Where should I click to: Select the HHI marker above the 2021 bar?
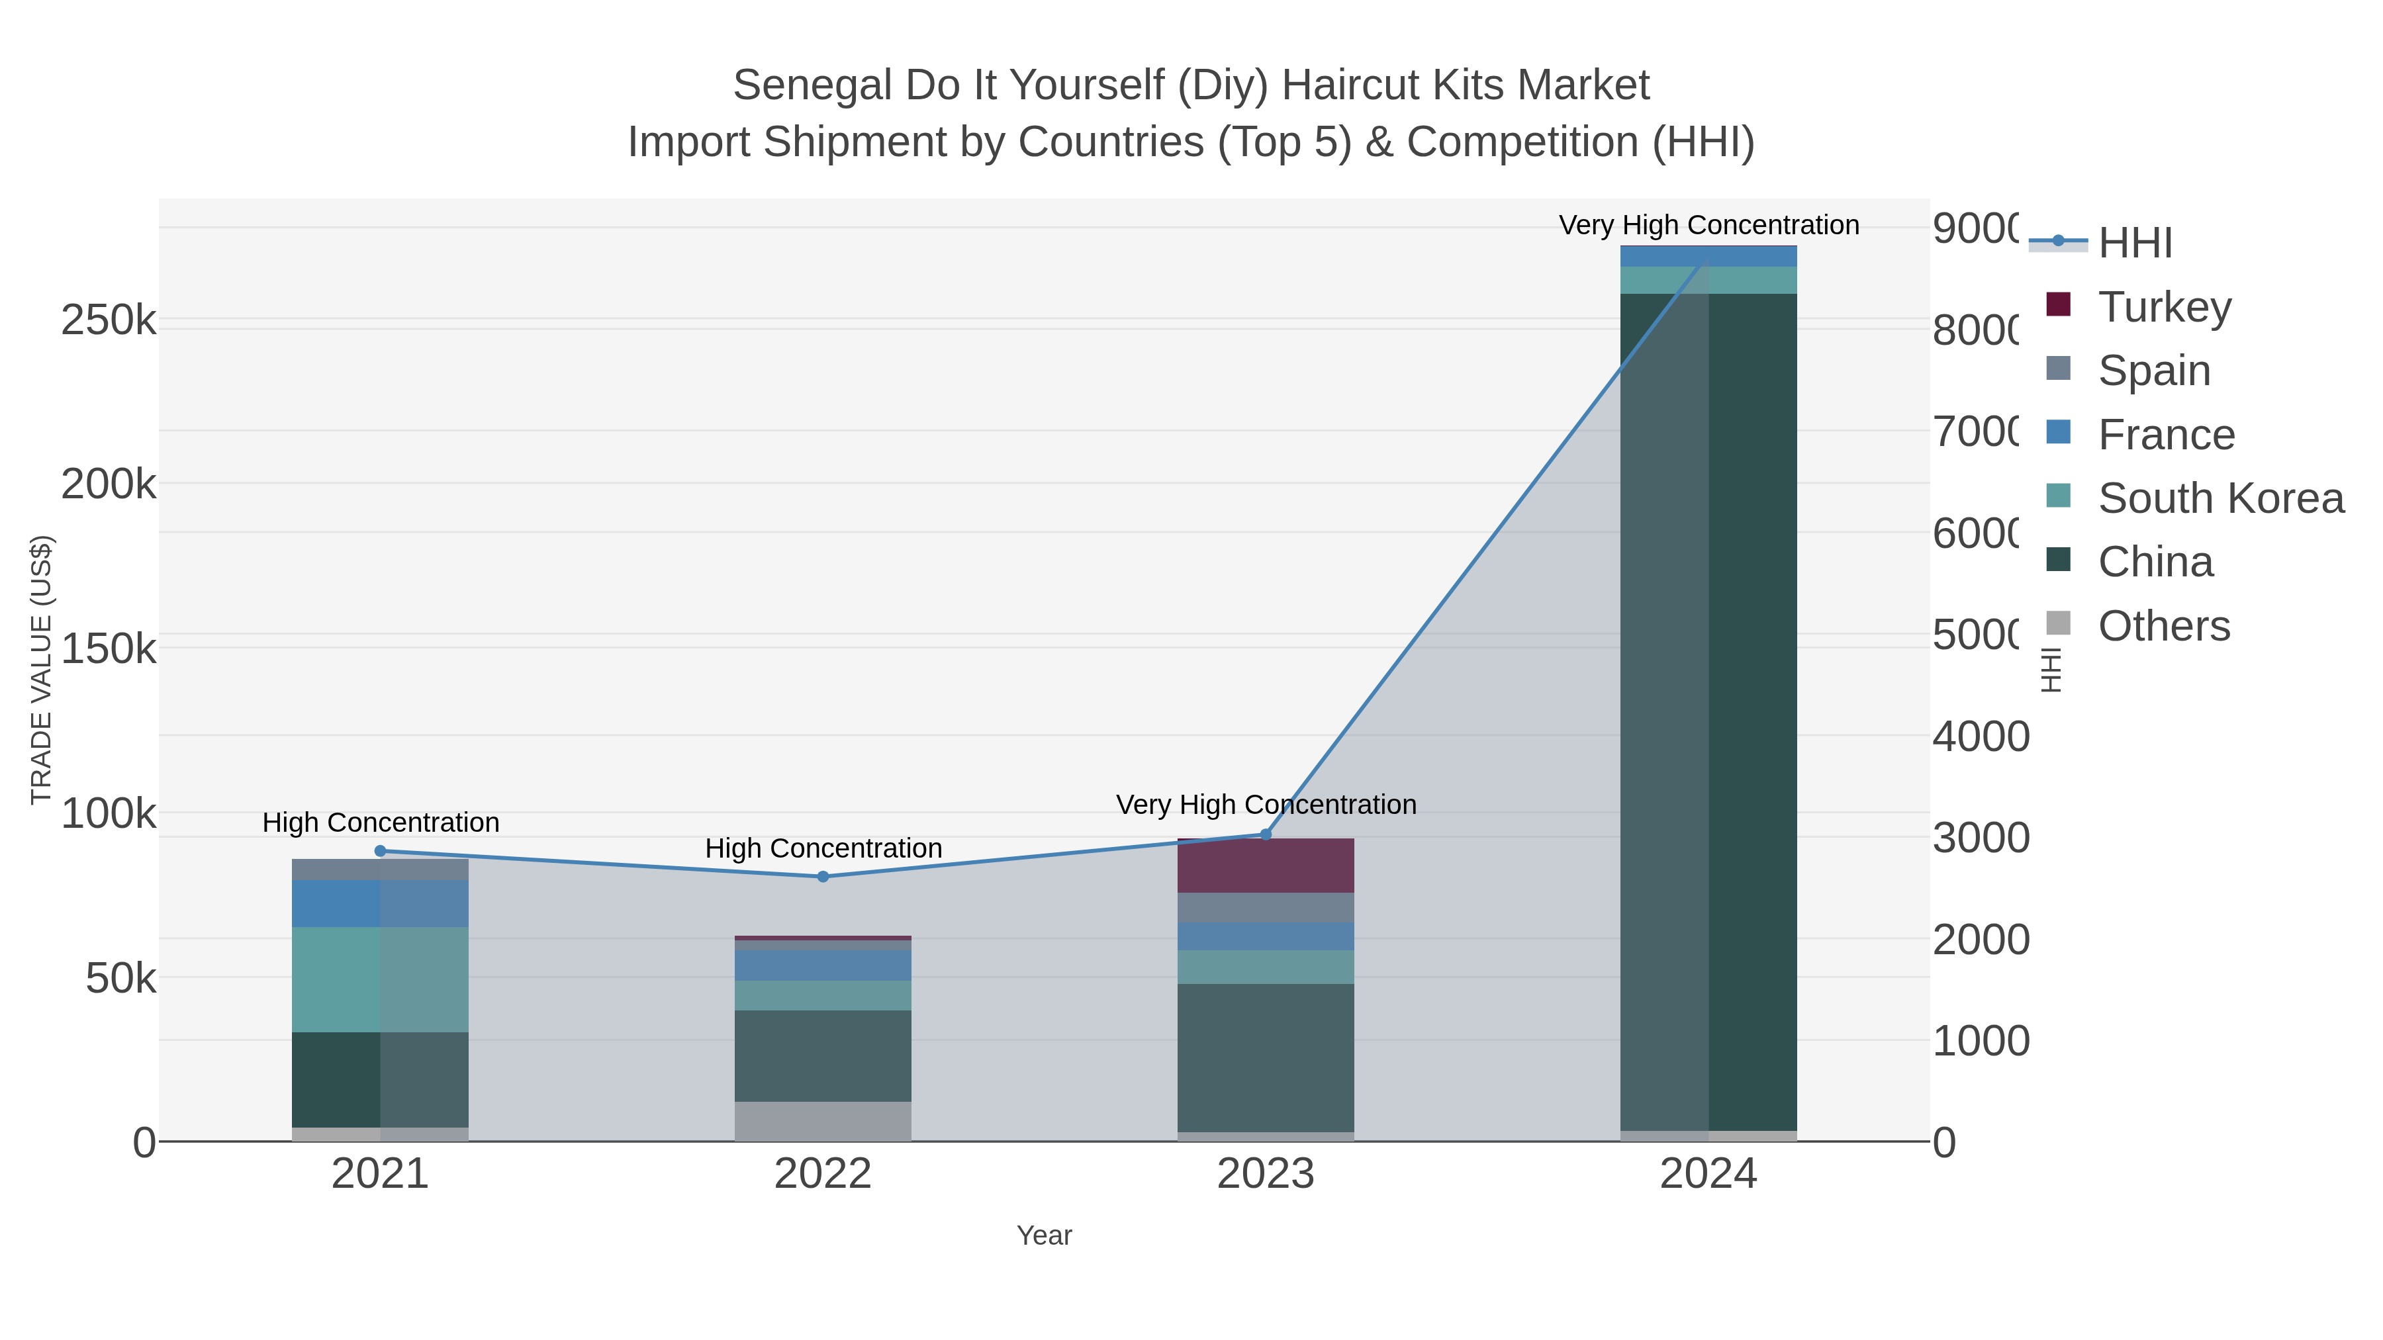coord(380,851)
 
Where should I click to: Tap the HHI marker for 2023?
coord(1266,834)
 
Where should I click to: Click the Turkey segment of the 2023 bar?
coord(1266,866)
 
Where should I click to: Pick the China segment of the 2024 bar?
coord(1708,712)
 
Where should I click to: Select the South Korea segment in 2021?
coord(380,979)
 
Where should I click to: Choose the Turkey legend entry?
coord(2164,307)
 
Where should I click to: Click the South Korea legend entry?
coord(2220,498)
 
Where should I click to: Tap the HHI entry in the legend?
coord(2134,244)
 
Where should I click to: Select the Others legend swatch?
coord(2058,624)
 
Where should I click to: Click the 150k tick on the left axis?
coord(109,648)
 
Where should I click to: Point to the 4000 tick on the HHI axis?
coord(1980,737)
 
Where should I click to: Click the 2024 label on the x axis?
coord(1708,1175)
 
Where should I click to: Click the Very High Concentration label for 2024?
coord(1708,225)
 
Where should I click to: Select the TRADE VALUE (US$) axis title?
coord(42,670)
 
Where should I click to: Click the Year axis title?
coord(1043,1235)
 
